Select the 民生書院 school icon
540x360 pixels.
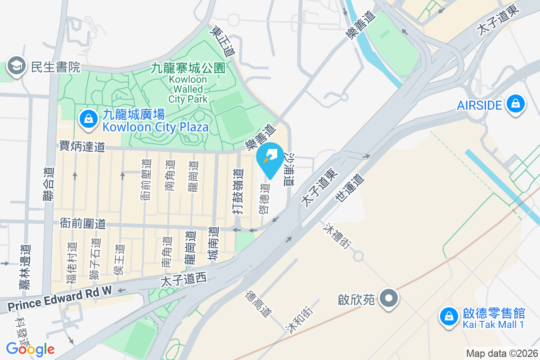tap(16, 67)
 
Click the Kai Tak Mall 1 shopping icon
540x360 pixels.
tap(449, 316)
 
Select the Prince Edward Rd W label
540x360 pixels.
tap(59, 300)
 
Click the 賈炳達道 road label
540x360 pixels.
tap(82, 146)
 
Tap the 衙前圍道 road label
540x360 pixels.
tap(83, 223)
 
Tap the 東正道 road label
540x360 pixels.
tap(224, 40)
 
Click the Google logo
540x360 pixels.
tap(30, 349)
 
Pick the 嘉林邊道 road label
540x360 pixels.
tap(26, 267)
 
